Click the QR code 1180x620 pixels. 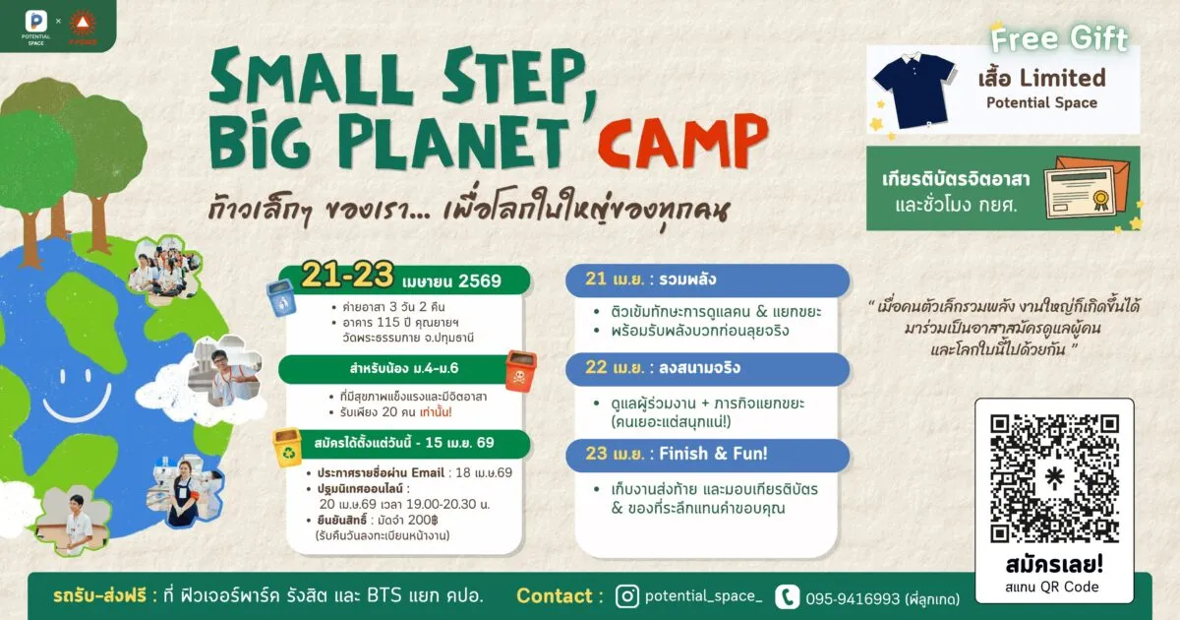tap(1054, 478)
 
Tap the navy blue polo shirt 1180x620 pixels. tap(914, 90)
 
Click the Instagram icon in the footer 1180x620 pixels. tap(626, 595)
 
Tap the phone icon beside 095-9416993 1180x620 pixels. tap(787, 596)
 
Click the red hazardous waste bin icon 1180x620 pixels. tap(520, 372)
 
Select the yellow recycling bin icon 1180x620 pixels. tap(286, 446)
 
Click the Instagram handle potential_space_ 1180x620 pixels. tap(703, 595)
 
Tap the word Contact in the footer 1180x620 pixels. tap(554, 595)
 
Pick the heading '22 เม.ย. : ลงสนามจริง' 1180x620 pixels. tap(664, 368)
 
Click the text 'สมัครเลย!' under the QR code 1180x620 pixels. tap(1053, 566)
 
